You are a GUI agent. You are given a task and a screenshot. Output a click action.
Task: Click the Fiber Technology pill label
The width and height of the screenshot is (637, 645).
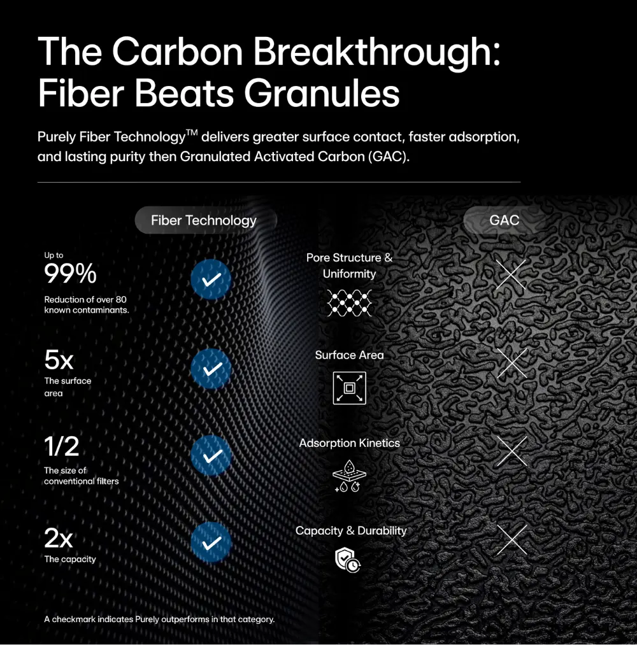click(206, 220)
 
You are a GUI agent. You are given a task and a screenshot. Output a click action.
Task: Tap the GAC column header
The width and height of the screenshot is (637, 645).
click(504, 220)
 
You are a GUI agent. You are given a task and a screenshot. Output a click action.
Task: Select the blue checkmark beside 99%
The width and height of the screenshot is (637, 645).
click(211, 280)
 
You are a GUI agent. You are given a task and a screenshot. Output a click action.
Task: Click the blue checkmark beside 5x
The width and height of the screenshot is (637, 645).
click(211, 369)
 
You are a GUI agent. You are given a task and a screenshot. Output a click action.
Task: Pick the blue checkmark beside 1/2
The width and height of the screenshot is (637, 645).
click(211, 455)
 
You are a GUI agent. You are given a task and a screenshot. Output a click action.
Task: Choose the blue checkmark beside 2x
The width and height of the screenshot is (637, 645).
click(211, 542)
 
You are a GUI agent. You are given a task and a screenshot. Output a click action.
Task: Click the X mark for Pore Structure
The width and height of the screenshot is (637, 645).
click(511, 274)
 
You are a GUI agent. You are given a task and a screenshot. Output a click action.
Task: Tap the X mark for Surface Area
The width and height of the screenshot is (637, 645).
click(512, 363)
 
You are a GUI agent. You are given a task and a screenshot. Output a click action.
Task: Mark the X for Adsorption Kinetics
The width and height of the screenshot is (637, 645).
click(512, 451)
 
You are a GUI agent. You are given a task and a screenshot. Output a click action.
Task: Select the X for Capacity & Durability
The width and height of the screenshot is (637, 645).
click(512, 539)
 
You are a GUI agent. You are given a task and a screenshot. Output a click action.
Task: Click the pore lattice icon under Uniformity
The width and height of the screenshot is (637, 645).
click(349, 303)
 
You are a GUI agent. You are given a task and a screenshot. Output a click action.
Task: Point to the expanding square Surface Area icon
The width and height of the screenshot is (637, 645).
click(349, 388)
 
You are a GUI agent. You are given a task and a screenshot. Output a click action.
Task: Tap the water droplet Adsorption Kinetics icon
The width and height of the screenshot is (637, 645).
click(349, 476)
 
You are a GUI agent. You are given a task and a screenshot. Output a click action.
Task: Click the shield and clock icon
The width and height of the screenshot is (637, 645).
click(348, 560)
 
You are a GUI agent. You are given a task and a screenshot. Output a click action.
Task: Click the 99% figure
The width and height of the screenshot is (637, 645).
click(70, 274)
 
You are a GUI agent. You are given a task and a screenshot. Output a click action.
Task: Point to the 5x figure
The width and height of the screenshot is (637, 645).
click(59, 360)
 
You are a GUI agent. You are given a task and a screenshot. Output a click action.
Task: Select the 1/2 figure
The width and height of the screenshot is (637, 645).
click(62, 446)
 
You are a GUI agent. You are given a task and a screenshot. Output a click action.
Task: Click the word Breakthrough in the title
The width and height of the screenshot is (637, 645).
click(376, 52)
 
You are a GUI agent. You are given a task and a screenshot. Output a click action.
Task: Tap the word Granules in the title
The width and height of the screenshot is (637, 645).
click(322, 94)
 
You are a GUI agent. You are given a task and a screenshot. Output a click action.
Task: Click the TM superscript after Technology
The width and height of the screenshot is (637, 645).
click(192, 132)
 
